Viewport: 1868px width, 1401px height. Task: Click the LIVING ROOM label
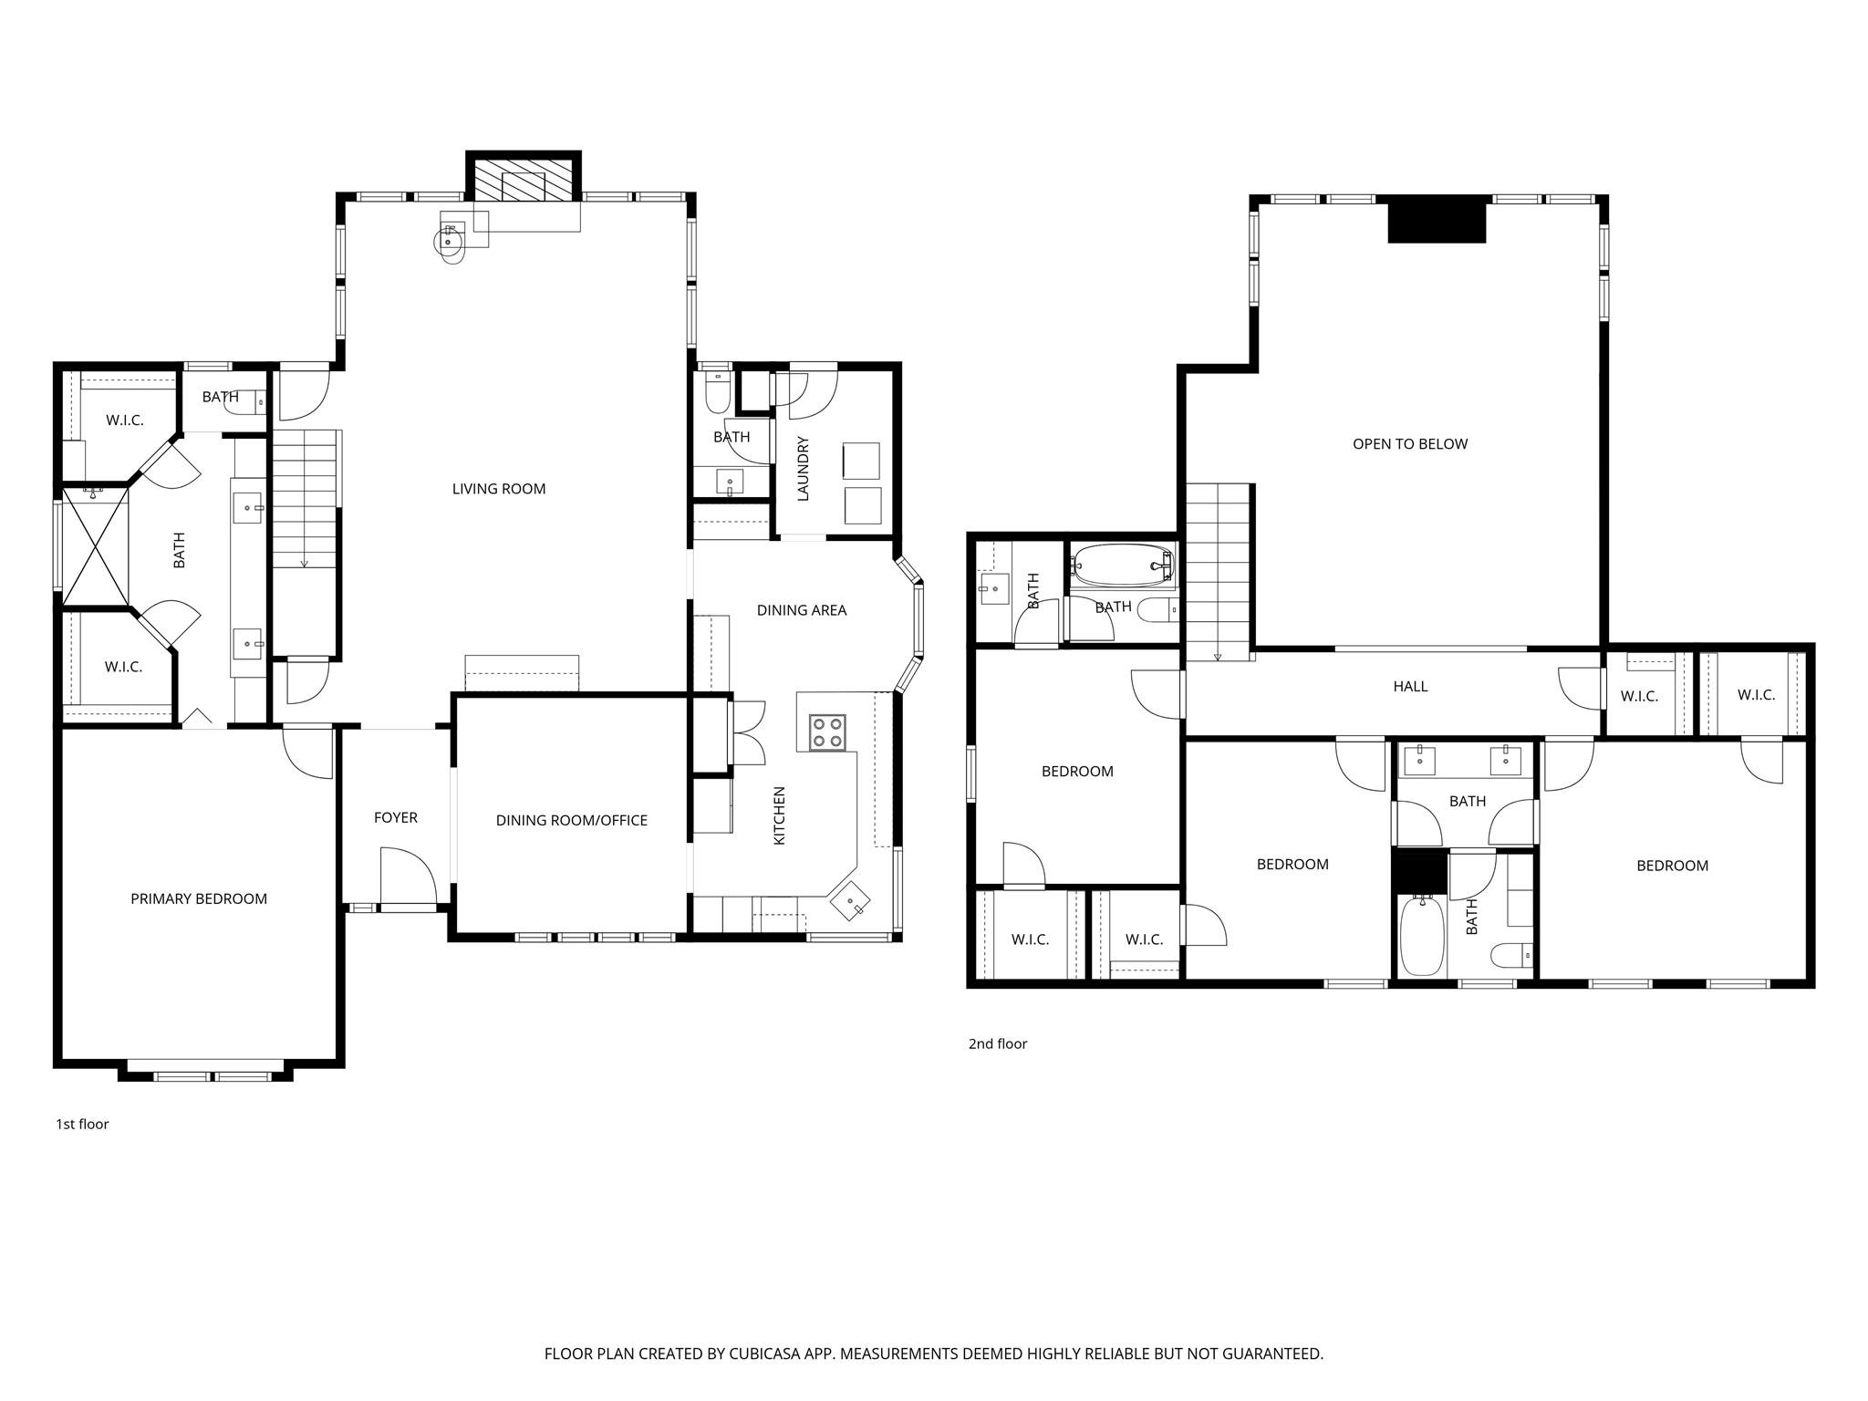[499, 489]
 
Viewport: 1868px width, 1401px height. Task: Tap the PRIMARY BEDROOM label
[199, 898]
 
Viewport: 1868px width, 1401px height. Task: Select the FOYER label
[396, 817]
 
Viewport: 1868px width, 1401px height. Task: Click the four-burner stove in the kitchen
[827, 732]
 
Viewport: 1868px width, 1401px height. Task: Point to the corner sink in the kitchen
[850, 902]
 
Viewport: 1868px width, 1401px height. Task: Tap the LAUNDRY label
[804, 469]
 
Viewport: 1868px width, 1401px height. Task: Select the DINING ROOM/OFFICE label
[571, 820]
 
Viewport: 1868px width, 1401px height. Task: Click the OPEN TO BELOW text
[1410, 444]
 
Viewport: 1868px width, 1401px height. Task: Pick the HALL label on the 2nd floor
[1410, 686]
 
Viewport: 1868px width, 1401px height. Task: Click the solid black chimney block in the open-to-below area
[1437, 223]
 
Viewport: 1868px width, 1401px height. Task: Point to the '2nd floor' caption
[997, 1043]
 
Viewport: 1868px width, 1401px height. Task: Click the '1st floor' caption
[82, 1124]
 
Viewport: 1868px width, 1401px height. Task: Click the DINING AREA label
[802, 610]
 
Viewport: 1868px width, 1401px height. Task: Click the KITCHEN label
[780, 815]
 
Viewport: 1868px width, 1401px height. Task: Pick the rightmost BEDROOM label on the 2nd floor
[1672, 866]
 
